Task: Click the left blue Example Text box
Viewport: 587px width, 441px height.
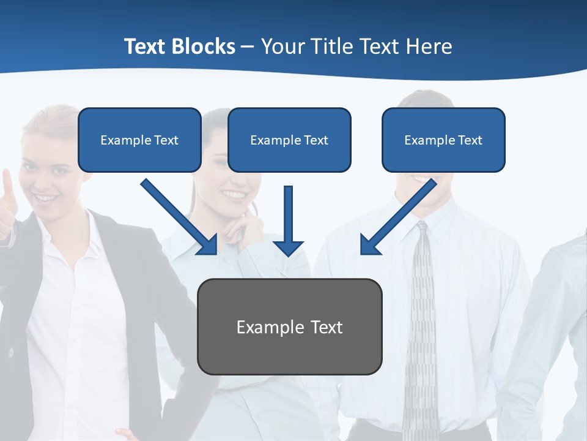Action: tap(139, 140)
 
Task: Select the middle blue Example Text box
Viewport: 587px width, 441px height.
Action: tap(289, 140)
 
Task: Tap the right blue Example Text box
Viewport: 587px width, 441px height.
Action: tap(443, 140)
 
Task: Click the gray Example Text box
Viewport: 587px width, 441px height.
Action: tap(289, 326)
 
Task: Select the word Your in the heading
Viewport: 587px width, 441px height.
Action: tap(282, 47)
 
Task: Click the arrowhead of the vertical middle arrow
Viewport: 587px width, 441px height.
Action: tap(288, 247)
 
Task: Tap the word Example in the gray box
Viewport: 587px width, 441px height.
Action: tap(262, 327)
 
